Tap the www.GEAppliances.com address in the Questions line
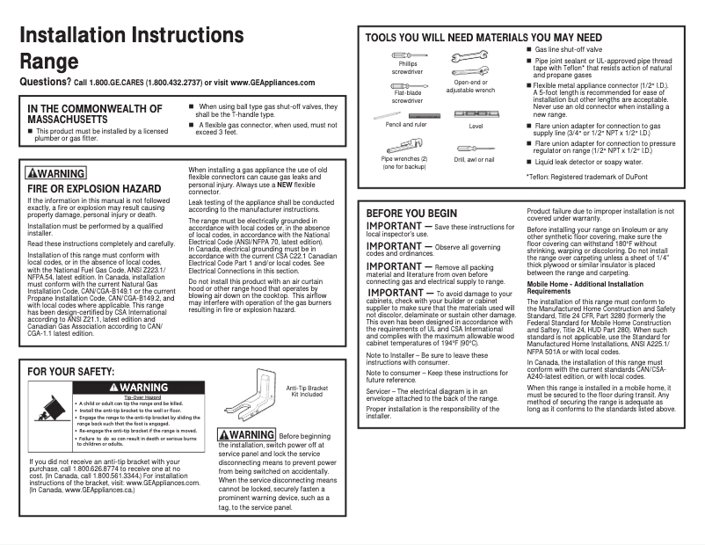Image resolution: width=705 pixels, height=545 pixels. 273,82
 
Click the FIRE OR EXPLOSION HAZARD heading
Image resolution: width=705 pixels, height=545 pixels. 94,188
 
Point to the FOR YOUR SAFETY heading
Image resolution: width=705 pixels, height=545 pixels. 71,372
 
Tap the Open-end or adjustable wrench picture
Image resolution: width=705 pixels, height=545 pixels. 469,62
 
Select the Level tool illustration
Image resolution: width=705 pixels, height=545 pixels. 476,114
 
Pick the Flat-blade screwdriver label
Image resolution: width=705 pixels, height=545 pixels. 408,97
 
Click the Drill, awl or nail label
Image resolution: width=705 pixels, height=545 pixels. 475,159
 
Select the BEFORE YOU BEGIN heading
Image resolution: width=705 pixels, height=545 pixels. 411,214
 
